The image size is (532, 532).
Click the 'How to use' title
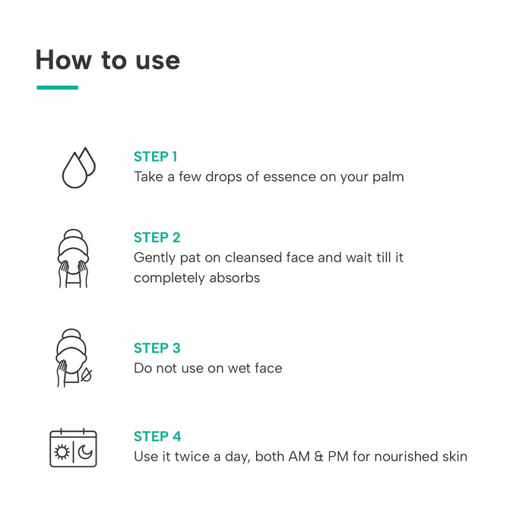point(108,60)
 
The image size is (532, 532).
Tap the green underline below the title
point(57,87)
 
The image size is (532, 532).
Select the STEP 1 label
point(155,157)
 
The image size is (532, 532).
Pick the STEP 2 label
point(157,237)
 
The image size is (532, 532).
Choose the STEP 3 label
point(157,348)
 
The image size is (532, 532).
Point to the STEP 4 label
point(157,436)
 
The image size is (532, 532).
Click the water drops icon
point(79,168)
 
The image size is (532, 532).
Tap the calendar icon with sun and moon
point(73,448)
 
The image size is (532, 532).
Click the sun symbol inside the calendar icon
point(62,452)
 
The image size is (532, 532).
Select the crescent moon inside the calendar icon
point(85,452)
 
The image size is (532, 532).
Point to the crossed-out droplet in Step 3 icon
point(86,375)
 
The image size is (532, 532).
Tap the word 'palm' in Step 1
point(388,178)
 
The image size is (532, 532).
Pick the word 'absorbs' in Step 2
point(234,278)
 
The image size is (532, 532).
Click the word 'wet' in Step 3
point(239,369)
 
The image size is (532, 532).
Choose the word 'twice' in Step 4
point(192,456)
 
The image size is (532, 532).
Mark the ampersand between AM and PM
point(318,457)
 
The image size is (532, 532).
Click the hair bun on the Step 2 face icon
point(73,235)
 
